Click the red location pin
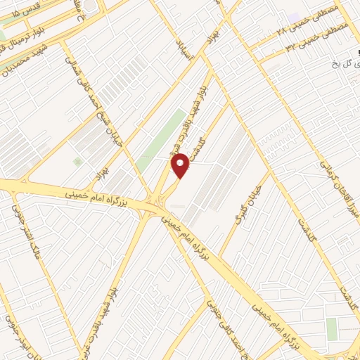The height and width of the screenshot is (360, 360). coord(181,165)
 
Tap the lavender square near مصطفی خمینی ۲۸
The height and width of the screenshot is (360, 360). coord(294,16)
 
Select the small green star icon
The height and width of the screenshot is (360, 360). coord(77,161)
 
